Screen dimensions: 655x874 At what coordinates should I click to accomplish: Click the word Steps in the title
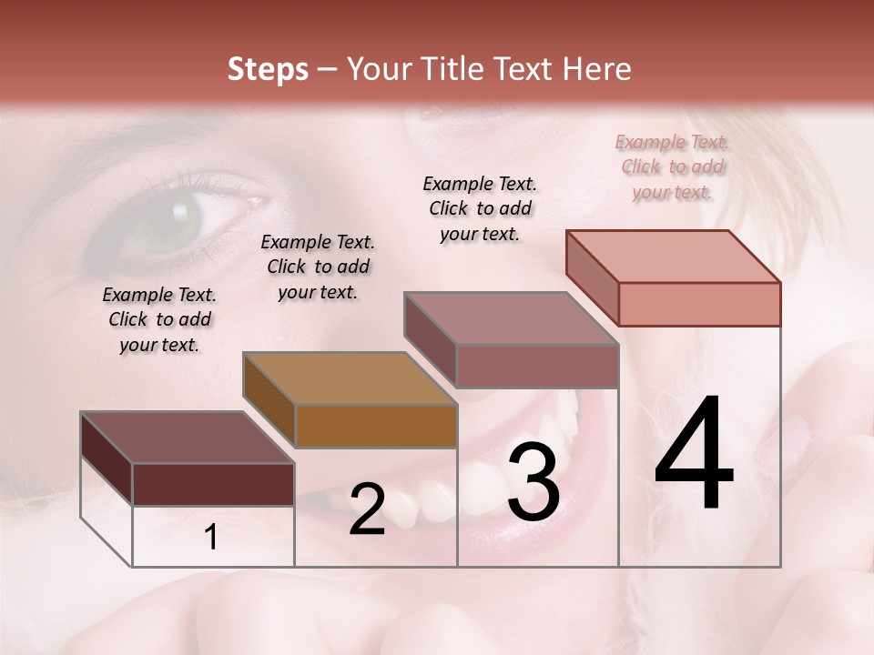[268, 69]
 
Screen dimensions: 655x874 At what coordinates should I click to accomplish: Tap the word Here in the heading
[597, 69]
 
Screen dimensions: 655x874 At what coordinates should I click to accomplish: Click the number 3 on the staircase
[533, 482]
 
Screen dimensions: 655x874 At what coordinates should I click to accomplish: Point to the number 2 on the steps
[367, 509]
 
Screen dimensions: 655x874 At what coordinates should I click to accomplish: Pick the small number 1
[211, 538]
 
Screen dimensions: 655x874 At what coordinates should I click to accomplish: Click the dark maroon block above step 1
[213, 484]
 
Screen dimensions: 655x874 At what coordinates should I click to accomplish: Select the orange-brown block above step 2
[375, 425]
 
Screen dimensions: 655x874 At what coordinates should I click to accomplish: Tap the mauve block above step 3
[537, 366]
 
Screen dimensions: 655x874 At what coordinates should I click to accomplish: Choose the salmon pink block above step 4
[698, 303]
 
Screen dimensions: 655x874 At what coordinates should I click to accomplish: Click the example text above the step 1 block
[159, 319]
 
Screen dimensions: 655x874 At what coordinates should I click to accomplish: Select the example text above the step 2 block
[318, 267]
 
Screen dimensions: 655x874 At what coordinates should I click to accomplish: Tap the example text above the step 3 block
[480, 208]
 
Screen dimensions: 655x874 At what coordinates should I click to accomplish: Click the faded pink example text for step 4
[672, 166]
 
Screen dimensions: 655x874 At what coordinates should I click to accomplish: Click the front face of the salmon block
[698, 303]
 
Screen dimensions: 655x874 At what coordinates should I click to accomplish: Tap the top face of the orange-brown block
[351, 377]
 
